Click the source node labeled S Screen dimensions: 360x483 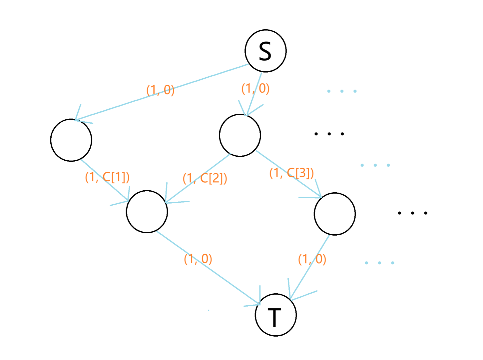click(265, 51)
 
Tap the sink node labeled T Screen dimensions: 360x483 click(275, 315)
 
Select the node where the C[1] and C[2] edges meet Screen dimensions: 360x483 click(147, 211)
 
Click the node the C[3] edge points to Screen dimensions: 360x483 click(334, 214)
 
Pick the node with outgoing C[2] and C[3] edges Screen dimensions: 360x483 click(240, 135)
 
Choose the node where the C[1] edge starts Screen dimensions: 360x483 click(71, 140)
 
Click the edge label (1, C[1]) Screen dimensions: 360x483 click(107, 177)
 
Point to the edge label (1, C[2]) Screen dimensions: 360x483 click(205, 178)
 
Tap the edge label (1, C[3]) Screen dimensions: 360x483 click(291, 173)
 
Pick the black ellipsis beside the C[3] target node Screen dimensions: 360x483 click(412, 213)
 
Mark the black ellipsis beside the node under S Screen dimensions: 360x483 click(329, 134)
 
